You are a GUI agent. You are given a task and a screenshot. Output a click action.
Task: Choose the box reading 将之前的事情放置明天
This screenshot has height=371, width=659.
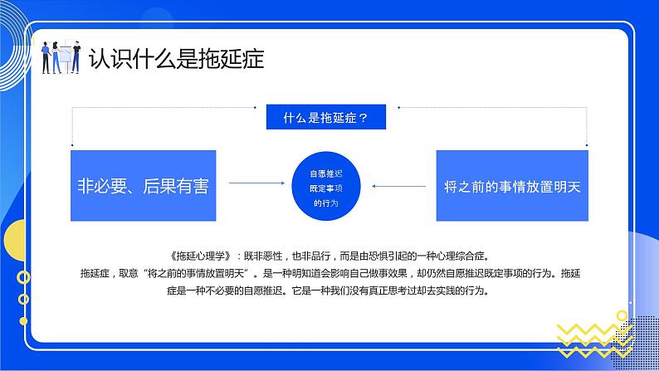point(512,186)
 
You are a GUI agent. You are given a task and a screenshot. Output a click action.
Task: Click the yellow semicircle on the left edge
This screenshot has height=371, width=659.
point(12,246)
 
